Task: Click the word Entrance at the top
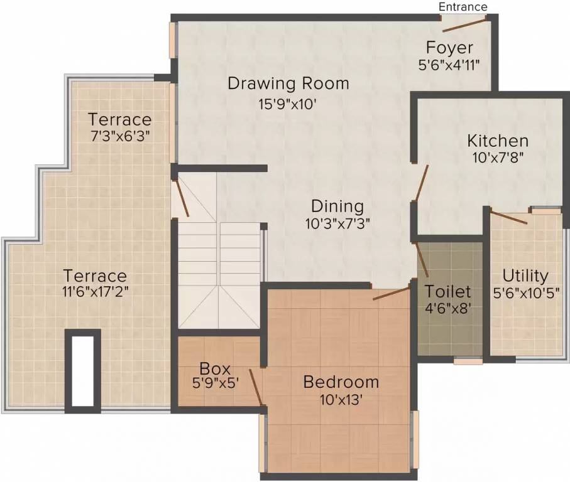tap(463, 6)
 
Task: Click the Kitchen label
tap(497, 141)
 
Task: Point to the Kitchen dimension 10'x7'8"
tap(498, 158)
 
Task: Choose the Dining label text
tap(337, 206)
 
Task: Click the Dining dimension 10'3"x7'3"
tap(337, 223)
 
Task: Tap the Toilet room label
tap(447, 291)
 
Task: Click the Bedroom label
tap(341, 382)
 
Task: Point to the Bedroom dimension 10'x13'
tap(341, 399)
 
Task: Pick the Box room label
tap(216, 368)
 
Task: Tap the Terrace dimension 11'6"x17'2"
tap(95, 292)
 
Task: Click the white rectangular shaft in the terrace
tap(83, 370)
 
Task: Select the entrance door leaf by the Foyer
tap(464, 25)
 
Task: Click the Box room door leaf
tap(255, 387)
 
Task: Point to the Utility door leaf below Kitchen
tap(508, 218)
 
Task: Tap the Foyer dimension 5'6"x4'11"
tap(453, 64)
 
